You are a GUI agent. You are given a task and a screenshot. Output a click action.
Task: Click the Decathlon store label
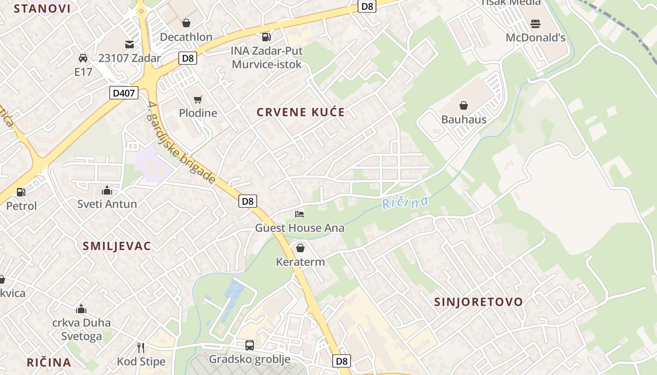coord(186,37)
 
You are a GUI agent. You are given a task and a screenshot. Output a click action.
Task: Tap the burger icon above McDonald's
coord(535,23)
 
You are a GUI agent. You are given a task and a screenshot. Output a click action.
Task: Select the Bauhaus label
coord(464,119)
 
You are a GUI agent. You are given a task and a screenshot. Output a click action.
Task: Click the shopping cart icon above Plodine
coord(198,99)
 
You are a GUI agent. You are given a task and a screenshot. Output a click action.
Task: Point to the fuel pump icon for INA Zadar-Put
coord(266,37)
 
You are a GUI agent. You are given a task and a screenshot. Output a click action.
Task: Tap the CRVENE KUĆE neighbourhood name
coord(301,112)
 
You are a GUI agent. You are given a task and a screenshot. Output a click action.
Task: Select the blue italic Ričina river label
coord(405,202)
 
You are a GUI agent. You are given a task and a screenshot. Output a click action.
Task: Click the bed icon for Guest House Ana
coord(299,214)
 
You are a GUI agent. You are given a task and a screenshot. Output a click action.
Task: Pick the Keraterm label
coord(300,262)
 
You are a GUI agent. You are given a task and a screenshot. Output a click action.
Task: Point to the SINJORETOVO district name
coord(479,302)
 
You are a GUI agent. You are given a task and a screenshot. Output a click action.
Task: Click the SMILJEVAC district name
coord(117,246)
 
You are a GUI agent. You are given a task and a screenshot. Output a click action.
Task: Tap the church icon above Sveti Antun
coord(107,190)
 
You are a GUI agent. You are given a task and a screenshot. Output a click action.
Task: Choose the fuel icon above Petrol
coord(21,192)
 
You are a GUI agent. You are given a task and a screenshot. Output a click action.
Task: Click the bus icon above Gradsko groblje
coord(250,345)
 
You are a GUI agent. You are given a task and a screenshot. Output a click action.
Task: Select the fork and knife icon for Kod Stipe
coord(141,347)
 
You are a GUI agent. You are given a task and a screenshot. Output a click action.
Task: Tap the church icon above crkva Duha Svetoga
coord(81,309)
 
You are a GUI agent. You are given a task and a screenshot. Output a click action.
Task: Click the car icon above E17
coord(83,58)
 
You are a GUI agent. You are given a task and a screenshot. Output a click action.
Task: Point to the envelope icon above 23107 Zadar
coord(129,45)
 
